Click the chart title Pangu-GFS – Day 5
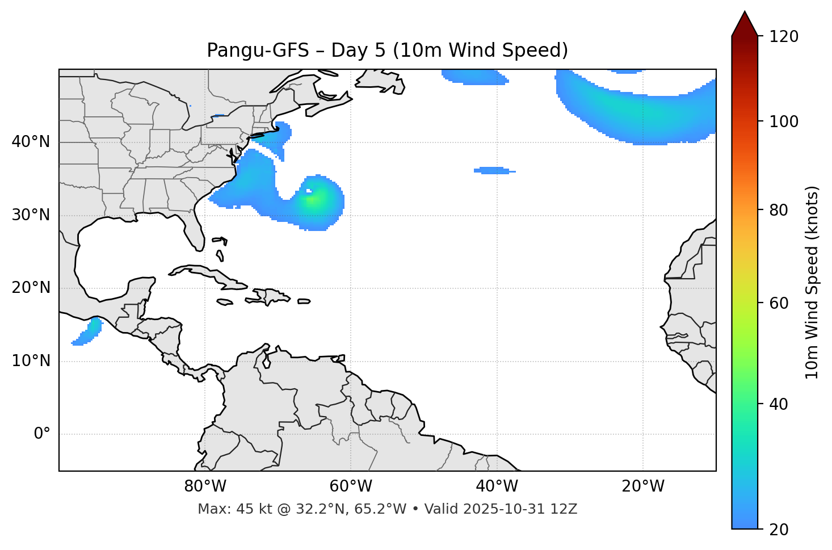click(x=387, y=51)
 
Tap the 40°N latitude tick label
click(x=31, y=142)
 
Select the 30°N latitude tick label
click(x=31, y=215)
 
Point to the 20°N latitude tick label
click(x=31, y=288)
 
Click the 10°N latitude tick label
click(x=31, y=361)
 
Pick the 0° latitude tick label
click(x=41, y=434)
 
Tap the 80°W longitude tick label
click(x=205, y=486)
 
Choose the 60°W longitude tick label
click(x=351, y=486)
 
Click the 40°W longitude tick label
click(x=497, y=486)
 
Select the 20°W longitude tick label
click(x=643, y=486)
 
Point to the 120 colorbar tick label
click(x=784, y=36)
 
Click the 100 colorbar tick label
click(x=784, y=121)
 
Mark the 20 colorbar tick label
click(x=779, y=530)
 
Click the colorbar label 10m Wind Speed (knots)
click(x=812, y=282)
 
